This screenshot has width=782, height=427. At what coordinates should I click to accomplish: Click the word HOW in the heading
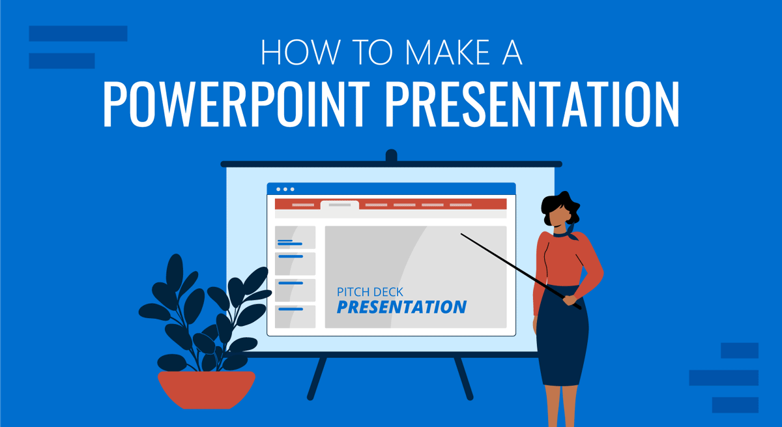(293, 53)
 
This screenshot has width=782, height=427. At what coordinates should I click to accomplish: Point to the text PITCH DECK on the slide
(370, 291)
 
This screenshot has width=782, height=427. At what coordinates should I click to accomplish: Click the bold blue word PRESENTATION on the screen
(401, 307)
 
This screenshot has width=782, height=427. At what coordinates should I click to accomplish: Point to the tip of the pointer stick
(462, 234)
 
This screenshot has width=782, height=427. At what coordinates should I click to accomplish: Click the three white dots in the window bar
(285, 189)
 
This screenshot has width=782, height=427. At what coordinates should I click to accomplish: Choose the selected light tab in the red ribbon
(340, 205)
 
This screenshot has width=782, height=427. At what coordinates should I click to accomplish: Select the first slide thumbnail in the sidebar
(295, 238)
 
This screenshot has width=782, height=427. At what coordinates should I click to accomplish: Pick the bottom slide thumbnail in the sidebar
(295, 316)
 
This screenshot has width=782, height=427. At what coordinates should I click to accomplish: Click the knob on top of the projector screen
(391, 156)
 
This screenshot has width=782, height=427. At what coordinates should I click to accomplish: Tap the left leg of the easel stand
(317, 378)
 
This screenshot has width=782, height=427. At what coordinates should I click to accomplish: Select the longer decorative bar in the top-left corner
(78, 33)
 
